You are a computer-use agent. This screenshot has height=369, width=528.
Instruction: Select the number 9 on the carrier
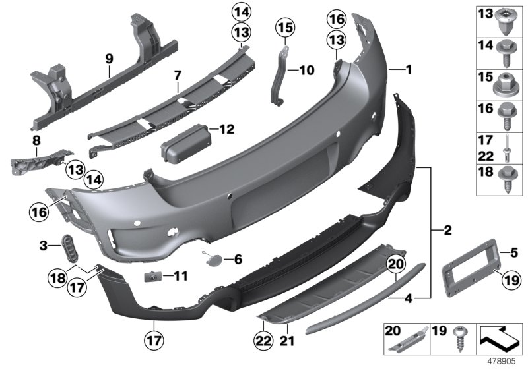(109, 59)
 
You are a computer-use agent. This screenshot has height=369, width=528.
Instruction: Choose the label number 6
(238, 258)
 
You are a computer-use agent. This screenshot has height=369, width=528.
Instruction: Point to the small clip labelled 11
(152, 275)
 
